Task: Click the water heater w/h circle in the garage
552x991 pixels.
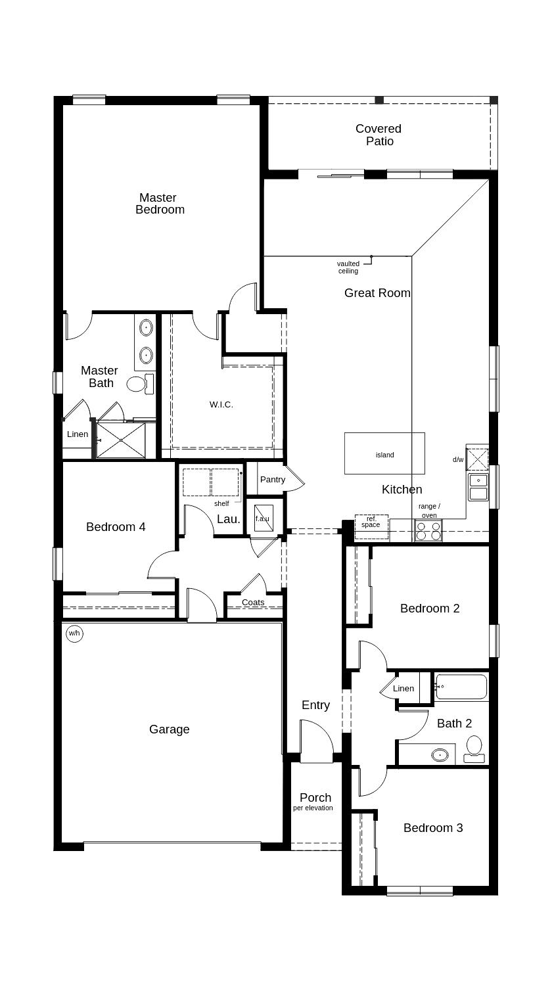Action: pyautogui.click(x=74, y=634)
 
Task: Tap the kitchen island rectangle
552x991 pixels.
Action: pyautogui.click(x=384, y=453)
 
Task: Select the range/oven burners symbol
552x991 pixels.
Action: pyautogui.click(x=428, y=531)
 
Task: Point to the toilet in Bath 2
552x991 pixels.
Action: pyautogui.click(x=474, y=749)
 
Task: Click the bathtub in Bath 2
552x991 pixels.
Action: pyautogui.click(x=461, y=687)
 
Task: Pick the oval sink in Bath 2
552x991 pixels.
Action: pyautogui.click(x=440, y=755)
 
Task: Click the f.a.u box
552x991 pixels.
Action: pyautogui.click(x=263, y=519)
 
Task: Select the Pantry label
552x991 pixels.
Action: pyautogui.click(x=273, y=480)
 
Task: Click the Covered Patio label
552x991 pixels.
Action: pyautogui.click(x=379, y=135)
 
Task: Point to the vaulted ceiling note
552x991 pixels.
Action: pyautogui.click(x=348, y=267)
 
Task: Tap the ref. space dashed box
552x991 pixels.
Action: pyautogui.click(x=371, y=527)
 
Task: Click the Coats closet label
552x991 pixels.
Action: pyautogui.click(x=253, y=603)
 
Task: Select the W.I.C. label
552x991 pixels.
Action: pyautogui.click(x=221, y=404)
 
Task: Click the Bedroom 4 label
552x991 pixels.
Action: pyautogui.click(x=116, y=527)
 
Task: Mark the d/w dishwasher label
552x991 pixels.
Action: pyautogui.click(x=458, y=459)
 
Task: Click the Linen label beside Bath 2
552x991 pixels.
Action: pyautogui.click(x=403, y=689)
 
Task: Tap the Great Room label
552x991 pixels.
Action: pyautogui.click(x=377, y=293)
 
